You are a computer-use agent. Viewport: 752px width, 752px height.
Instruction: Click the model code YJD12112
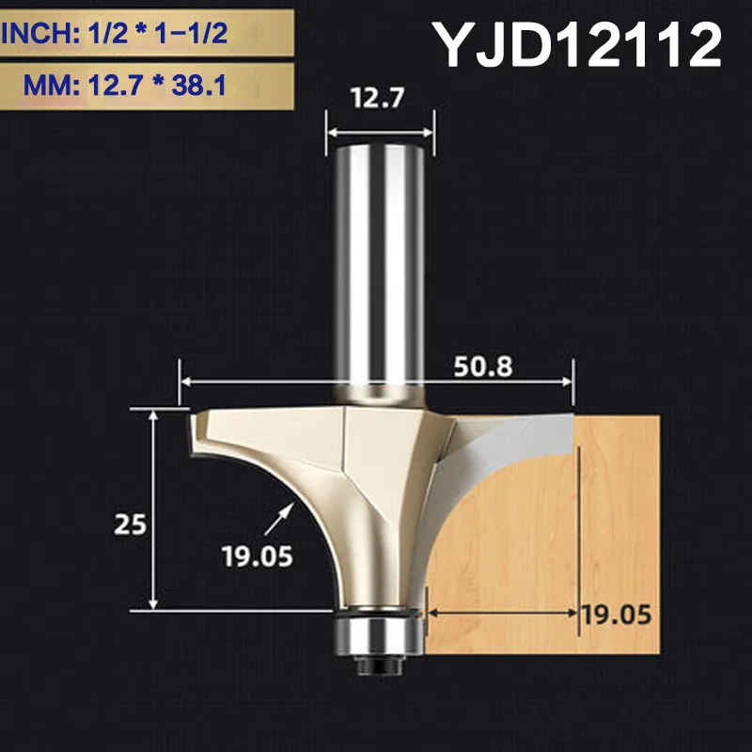577,44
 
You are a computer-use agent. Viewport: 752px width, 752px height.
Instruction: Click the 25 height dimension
133,524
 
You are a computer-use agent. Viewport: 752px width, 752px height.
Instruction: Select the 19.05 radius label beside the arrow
258,556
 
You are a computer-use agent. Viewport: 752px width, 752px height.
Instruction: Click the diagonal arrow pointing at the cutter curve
287,514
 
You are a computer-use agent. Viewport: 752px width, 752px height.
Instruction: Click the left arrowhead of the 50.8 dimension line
185,383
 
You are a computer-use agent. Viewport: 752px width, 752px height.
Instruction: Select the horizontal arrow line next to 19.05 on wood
503,612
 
